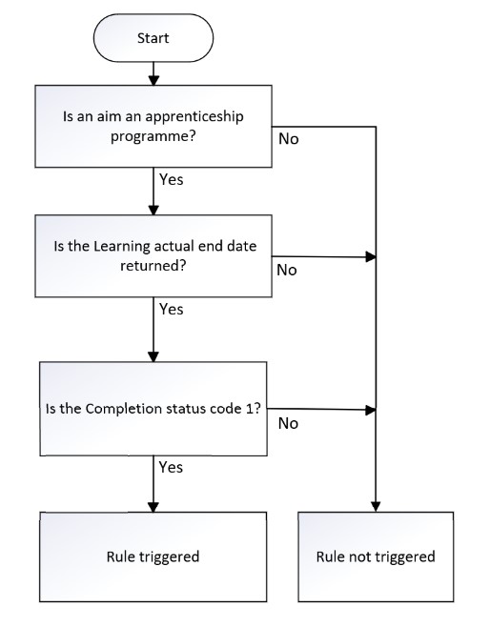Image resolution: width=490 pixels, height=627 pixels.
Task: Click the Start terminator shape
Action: pyautogui.click(x=153, y=39)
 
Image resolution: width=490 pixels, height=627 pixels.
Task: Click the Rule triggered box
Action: pyautogui.click(x=153, y=556)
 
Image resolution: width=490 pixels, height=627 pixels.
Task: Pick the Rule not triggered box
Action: pyautogui.click(x=378, y=556)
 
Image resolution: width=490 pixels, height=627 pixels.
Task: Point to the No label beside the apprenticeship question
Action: pyautogui.click(x=288, y=139)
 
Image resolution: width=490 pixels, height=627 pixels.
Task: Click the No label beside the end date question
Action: pyautogui.click(x=287, y=270)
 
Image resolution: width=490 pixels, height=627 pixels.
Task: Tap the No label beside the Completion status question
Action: pyautogui.click(x=289, y=423)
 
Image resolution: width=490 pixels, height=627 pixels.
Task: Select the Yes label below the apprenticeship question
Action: pyautogui.click(x=171, y=177)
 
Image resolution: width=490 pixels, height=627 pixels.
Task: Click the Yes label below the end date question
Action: pyautogui.click(x=171, y=309)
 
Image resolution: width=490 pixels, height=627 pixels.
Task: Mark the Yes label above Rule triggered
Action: pyautogui.click(x=171, y=467)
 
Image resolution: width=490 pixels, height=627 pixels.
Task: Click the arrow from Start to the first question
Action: pyautogui.click(x=153, y=75)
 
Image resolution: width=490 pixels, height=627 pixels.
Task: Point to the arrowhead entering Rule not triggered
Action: pyautogui.click(x=378, y=506)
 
